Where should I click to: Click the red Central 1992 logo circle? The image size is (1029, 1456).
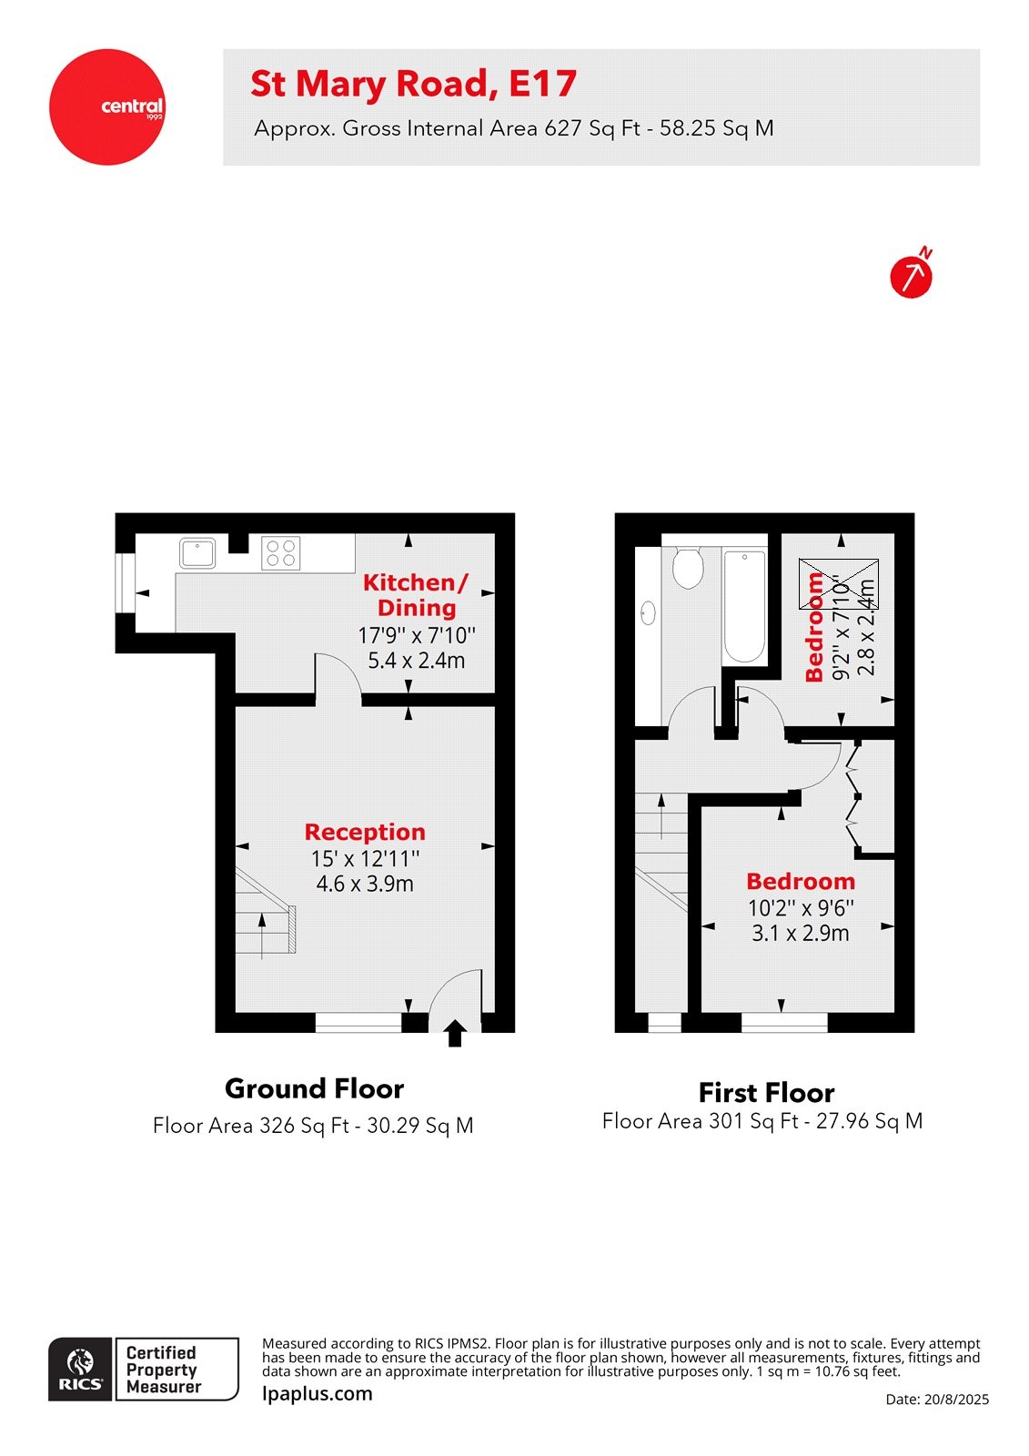click(107, 107)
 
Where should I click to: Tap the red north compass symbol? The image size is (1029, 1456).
click(911, 276)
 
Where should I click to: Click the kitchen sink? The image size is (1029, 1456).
click(197, 552)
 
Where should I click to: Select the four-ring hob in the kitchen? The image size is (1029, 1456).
click(280, 552)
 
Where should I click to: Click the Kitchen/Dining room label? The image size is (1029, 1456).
click(416, 595)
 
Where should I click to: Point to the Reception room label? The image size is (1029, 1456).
click(365, 832)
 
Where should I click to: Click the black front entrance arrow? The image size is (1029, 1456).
click(455, 1033)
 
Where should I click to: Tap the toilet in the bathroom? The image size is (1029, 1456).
click(688, 567)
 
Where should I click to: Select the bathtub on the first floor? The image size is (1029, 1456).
click(744, 605)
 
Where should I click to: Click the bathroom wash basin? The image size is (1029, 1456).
click(649, 612)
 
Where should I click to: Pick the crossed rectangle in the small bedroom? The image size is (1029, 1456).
click(838, 584)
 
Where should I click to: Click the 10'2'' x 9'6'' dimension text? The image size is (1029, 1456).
click(801, 907)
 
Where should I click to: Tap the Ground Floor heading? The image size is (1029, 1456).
click(314, 1088)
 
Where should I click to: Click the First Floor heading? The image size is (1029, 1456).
click(766, 1092)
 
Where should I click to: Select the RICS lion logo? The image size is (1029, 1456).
click(81, 1369)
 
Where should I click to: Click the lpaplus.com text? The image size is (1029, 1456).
click(317, 1393)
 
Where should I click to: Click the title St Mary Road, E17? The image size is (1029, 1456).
click(413, 84)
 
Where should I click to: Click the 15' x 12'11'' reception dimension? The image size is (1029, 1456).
click(365, 858)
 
